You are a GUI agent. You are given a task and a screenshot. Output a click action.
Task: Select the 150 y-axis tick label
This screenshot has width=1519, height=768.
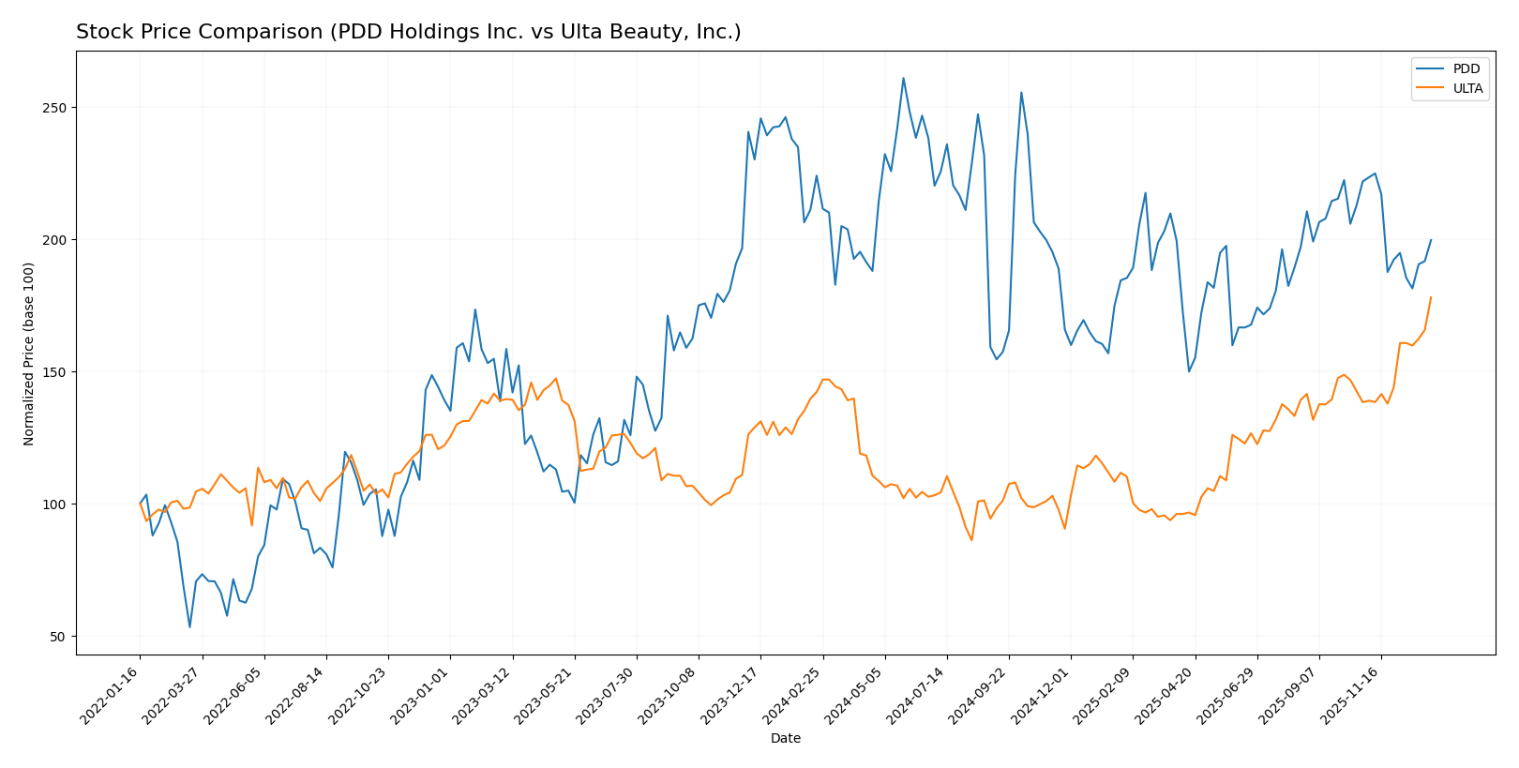click(x=57, y=372)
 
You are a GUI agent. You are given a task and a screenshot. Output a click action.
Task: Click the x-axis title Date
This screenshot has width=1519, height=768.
click(x=785, y=739)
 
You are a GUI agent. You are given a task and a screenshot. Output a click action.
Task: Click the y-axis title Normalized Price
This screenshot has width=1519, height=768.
click(x=29, y=354)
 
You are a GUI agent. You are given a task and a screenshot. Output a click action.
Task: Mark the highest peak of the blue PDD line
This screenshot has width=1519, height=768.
click(x=903, y=78)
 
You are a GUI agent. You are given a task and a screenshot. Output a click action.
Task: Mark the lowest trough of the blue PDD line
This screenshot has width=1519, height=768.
click(x=189, y=627)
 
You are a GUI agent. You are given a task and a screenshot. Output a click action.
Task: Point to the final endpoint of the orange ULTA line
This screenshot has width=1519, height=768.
click(x=1431, y=297)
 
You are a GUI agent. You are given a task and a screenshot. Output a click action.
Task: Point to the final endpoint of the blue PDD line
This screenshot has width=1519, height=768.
click(x=1431, y=239)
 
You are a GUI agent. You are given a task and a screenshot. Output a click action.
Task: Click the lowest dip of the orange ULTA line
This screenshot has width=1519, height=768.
click(x=971, y=540)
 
